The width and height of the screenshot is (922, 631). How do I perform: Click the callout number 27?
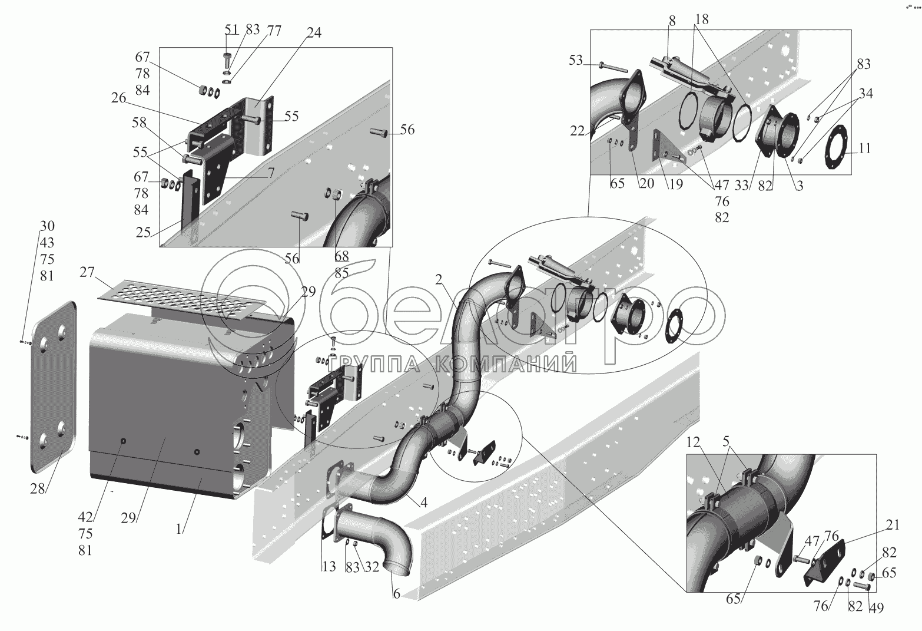[x=87, y=272]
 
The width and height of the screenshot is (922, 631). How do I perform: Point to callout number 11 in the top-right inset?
[x=864, y=148]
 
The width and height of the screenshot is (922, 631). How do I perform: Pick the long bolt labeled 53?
[x=613, y=66]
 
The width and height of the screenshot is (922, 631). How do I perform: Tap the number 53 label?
[x=576, y=60]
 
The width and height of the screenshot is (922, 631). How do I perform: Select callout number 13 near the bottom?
[x=329, y=567]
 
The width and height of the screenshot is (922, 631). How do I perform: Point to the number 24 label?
[x=314, y=34]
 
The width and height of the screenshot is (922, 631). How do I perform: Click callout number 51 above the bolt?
[x=232, y=29]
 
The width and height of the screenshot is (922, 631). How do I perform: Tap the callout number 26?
[x=118, y=98]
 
